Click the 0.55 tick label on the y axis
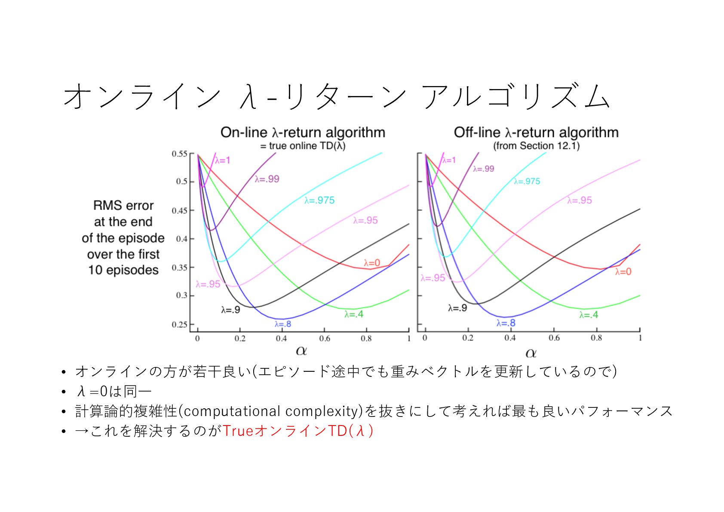pyautogui.click(x=179, y=154)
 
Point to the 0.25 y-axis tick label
pyautogui.click(x=179, y=324)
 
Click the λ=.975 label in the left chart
pyautogui.click(x=319, y=200)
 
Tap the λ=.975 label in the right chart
pyautogui.click(x=527, y=181)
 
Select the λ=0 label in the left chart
pyautogui.click(x=372, y=263)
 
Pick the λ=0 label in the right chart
pyautogui.click(x=623, y=271)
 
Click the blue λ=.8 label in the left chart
pyautogui.click(x=282, y=324)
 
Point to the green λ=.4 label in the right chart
pyautogui.click(x=589, y=315)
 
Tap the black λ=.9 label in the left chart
pyautogui.click(x=230, y=310)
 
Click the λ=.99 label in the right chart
pyautogui.click(x=483, y=169)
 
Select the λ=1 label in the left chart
pyautogui.click(x=222, y=160)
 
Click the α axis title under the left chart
pyautogui.click(x=301, y=351)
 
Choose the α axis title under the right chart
pyautogui.click(x=531, y=354)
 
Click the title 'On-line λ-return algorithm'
pyautogui.click(x=303, y=132)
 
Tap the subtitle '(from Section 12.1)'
pyautogui.click(x=536, y=146)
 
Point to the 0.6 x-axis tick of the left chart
pyautogui.click(x=325, y=339)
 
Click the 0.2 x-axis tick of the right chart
pyautogui.click(x=468, y=338)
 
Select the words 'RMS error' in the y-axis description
pyautogui.click(x=123, y=206)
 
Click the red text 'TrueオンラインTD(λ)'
pyautogui.click(x=298, y=431)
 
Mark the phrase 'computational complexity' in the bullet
pyautogui.click(x=271, y=411)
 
